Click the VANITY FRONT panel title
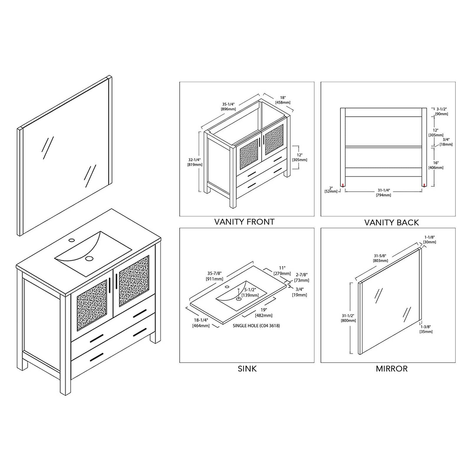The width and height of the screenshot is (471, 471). point(244,222)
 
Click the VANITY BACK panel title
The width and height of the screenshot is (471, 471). point(391,223)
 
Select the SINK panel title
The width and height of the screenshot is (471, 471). point(247,369)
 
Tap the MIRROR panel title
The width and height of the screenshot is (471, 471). point(392,369)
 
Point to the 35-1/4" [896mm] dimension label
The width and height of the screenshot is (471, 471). point(228,107)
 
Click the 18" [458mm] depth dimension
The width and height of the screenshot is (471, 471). point(283,100)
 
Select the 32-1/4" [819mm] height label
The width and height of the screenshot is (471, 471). point(195,162)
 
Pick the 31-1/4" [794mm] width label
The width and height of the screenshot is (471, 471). point(383,193)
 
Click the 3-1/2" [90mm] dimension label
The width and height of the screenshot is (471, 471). point(442,112)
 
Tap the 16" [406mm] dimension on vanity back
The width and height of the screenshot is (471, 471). point(436,165)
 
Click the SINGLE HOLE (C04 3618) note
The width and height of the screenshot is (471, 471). point(256,326)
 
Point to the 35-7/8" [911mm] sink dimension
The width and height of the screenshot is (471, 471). point(215,276)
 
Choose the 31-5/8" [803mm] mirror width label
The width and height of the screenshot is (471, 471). point(380,258)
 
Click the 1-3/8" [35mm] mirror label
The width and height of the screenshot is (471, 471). point(426,329)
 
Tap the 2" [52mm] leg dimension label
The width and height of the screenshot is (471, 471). point(331,190)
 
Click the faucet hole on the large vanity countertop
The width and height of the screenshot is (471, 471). point(72,240)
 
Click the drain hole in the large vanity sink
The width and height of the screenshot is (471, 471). point(89,258)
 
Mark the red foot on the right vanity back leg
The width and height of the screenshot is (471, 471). point(424,185)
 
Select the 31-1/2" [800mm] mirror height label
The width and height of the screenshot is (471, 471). point(348,318)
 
